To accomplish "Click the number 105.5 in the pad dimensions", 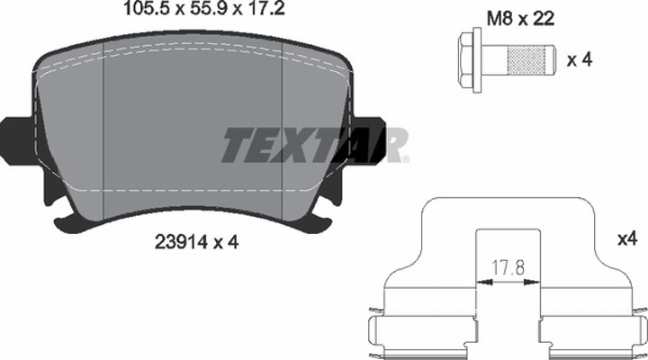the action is tap(148, 8).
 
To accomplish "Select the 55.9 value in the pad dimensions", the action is tap(208, 8).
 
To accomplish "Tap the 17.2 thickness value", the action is tap(265, 8).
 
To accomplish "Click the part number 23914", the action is tap(181, 242).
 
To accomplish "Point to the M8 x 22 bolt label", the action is tap(520, 19).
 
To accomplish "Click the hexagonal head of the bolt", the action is tap(466, 59).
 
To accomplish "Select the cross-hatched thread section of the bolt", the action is tap(526, 59).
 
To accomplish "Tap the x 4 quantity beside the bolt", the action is tap(580, 60).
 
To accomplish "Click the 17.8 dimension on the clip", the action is tap(508, 268).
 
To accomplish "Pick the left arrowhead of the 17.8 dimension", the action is tap(484, 283).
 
